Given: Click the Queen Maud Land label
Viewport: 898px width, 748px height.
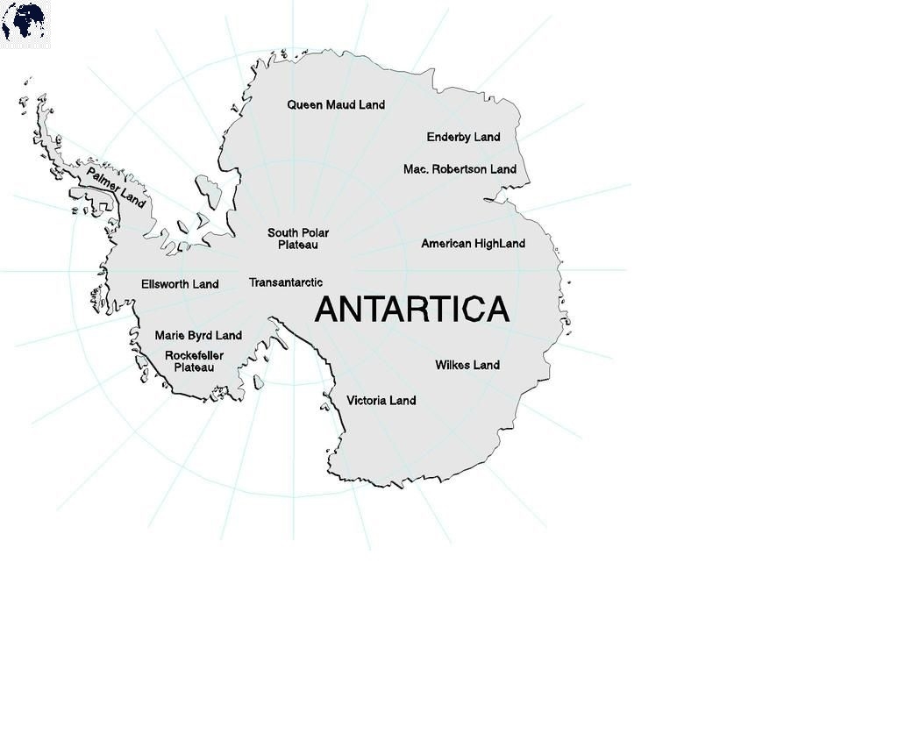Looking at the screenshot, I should tap(336, 105).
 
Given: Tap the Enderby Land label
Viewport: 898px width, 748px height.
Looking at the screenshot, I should tap(463, 137).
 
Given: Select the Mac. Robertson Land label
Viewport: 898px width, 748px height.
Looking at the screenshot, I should tap(460, 169).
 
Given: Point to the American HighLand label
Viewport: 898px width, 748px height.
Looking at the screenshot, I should tap(473, 244).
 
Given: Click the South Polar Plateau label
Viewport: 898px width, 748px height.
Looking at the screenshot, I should tap(298, 239).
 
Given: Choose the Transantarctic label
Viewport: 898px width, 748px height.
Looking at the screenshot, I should tap(286, 282).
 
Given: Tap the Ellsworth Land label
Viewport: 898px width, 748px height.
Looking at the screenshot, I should tap(180, 284).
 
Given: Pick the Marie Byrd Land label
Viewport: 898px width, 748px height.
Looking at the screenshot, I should tap(198, 336).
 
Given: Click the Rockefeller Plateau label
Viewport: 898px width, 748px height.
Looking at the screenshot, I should tap(194, 361).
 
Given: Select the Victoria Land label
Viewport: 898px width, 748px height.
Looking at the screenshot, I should tap(381, 401).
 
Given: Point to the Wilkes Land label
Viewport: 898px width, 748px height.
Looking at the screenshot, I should tap(467, 365).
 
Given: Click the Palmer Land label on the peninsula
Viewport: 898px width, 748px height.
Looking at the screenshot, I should tap(116, 188).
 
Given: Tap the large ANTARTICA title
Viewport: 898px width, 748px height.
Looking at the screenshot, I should tap(411, 310).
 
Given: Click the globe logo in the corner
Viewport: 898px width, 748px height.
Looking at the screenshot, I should tap(25, 24).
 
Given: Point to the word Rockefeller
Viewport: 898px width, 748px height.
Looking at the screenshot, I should tap(194, 355).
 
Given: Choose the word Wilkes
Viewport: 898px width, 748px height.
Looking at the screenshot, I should tap(453, 365).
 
